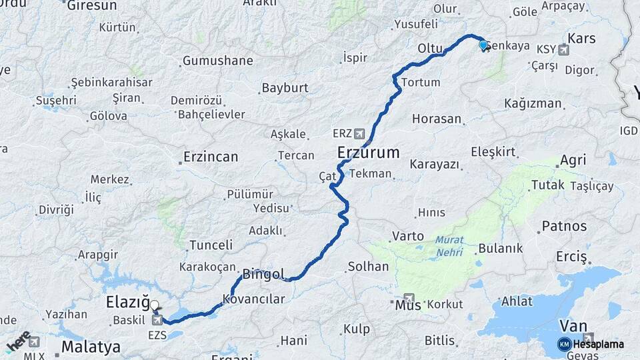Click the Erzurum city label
369,152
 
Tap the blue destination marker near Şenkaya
483,45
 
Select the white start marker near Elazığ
154,305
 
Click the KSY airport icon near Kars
565,49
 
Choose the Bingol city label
263,273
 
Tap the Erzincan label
211,157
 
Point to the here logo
18,341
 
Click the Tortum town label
421,82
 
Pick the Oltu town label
430,49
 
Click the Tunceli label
211,245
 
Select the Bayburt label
285,87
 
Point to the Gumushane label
218,61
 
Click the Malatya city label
91,347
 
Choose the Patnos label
564,226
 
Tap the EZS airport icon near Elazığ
157,320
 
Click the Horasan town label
437,119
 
